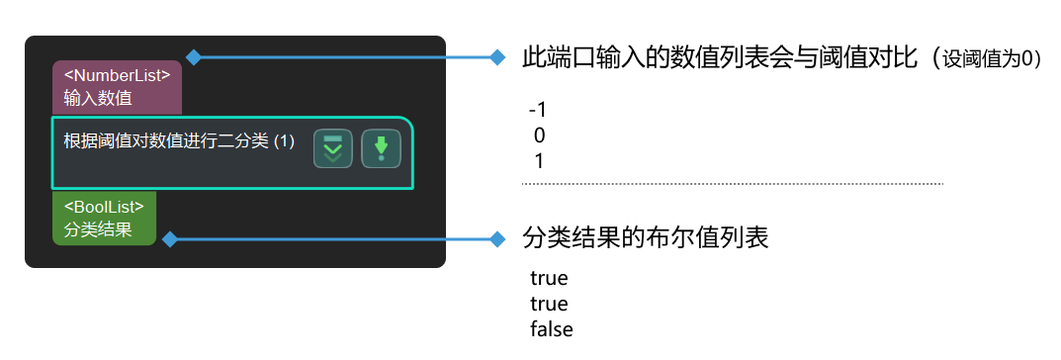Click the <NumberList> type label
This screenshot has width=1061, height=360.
tap(117, 75)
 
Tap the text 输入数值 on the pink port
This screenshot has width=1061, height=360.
tap(98, 97)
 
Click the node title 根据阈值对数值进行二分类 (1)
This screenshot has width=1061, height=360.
tap(179, 141)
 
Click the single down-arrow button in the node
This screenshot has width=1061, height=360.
tap(381, 148)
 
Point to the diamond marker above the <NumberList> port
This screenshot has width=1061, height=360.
tap(194, 57)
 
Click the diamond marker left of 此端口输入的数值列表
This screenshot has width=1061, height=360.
tap(497, 57)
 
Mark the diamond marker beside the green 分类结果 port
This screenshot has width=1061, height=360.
tap(170, 239)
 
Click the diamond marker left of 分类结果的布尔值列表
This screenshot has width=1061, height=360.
tap(497, 239)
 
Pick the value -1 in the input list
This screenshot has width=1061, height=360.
tap(538, 109)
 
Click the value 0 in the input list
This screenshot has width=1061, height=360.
tap(539, 135)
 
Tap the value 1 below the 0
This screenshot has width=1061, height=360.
tap(539, 160)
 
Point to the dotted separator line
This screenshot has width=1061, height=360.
tap(732, 184)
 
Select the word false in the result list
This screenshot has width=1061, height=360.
tap(552, 329)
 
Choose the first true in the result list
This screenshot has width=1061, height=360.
tap(549, 278)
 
